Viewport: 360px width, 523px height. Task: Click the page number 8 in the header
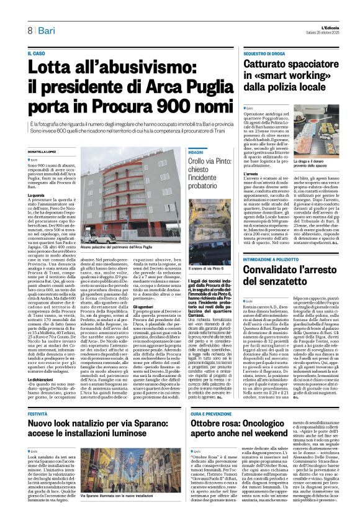[29, 30]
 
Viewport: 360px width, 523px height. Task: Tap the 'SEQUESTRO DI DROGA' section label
[268, 54]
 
